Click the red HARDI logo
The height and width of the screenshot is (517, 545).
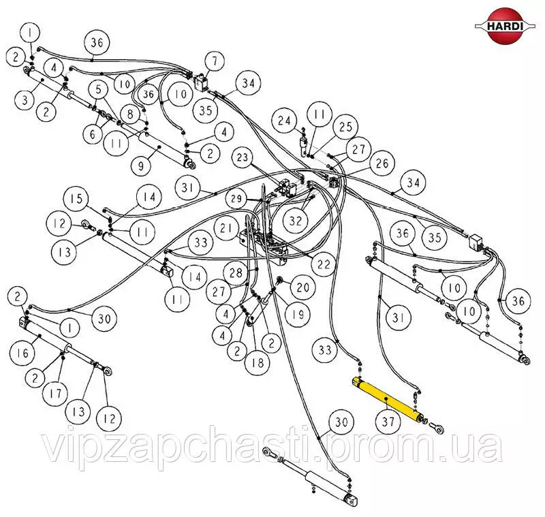coord(505,26)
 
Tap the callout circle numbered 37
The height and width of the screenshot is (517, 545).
coord(388,422)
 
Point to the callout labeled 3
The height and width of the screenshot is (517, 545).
coord(25,100)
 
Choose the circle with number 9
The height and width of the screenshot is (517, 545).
coord(141,166)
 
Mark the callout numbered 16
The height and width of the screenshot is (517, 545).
coord(22,354)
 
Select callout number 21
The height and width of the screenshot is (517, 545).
coord(227,228)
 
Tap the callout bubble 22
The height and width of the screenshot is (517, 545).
coord(324,264)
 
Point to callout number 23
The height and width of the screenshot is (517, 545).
coord(243,158)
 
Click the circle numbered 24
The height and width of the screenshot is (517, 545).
coord(284,121)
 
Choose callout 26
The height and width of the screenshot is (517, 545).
coord(381,163)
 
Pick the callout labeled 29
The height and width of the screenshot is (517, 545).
coord(236,199)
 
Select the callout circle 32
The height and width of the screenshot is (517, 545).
coord(296,220)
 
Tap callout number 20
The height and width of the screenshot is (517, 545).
coord(302,287)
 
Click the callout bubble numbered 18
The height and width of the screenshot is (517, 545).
coord(258,363)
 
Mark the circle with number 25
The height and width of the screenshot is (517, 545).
coord(346,127)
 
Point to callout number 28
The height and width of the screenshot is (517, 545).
coord(236,272)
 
